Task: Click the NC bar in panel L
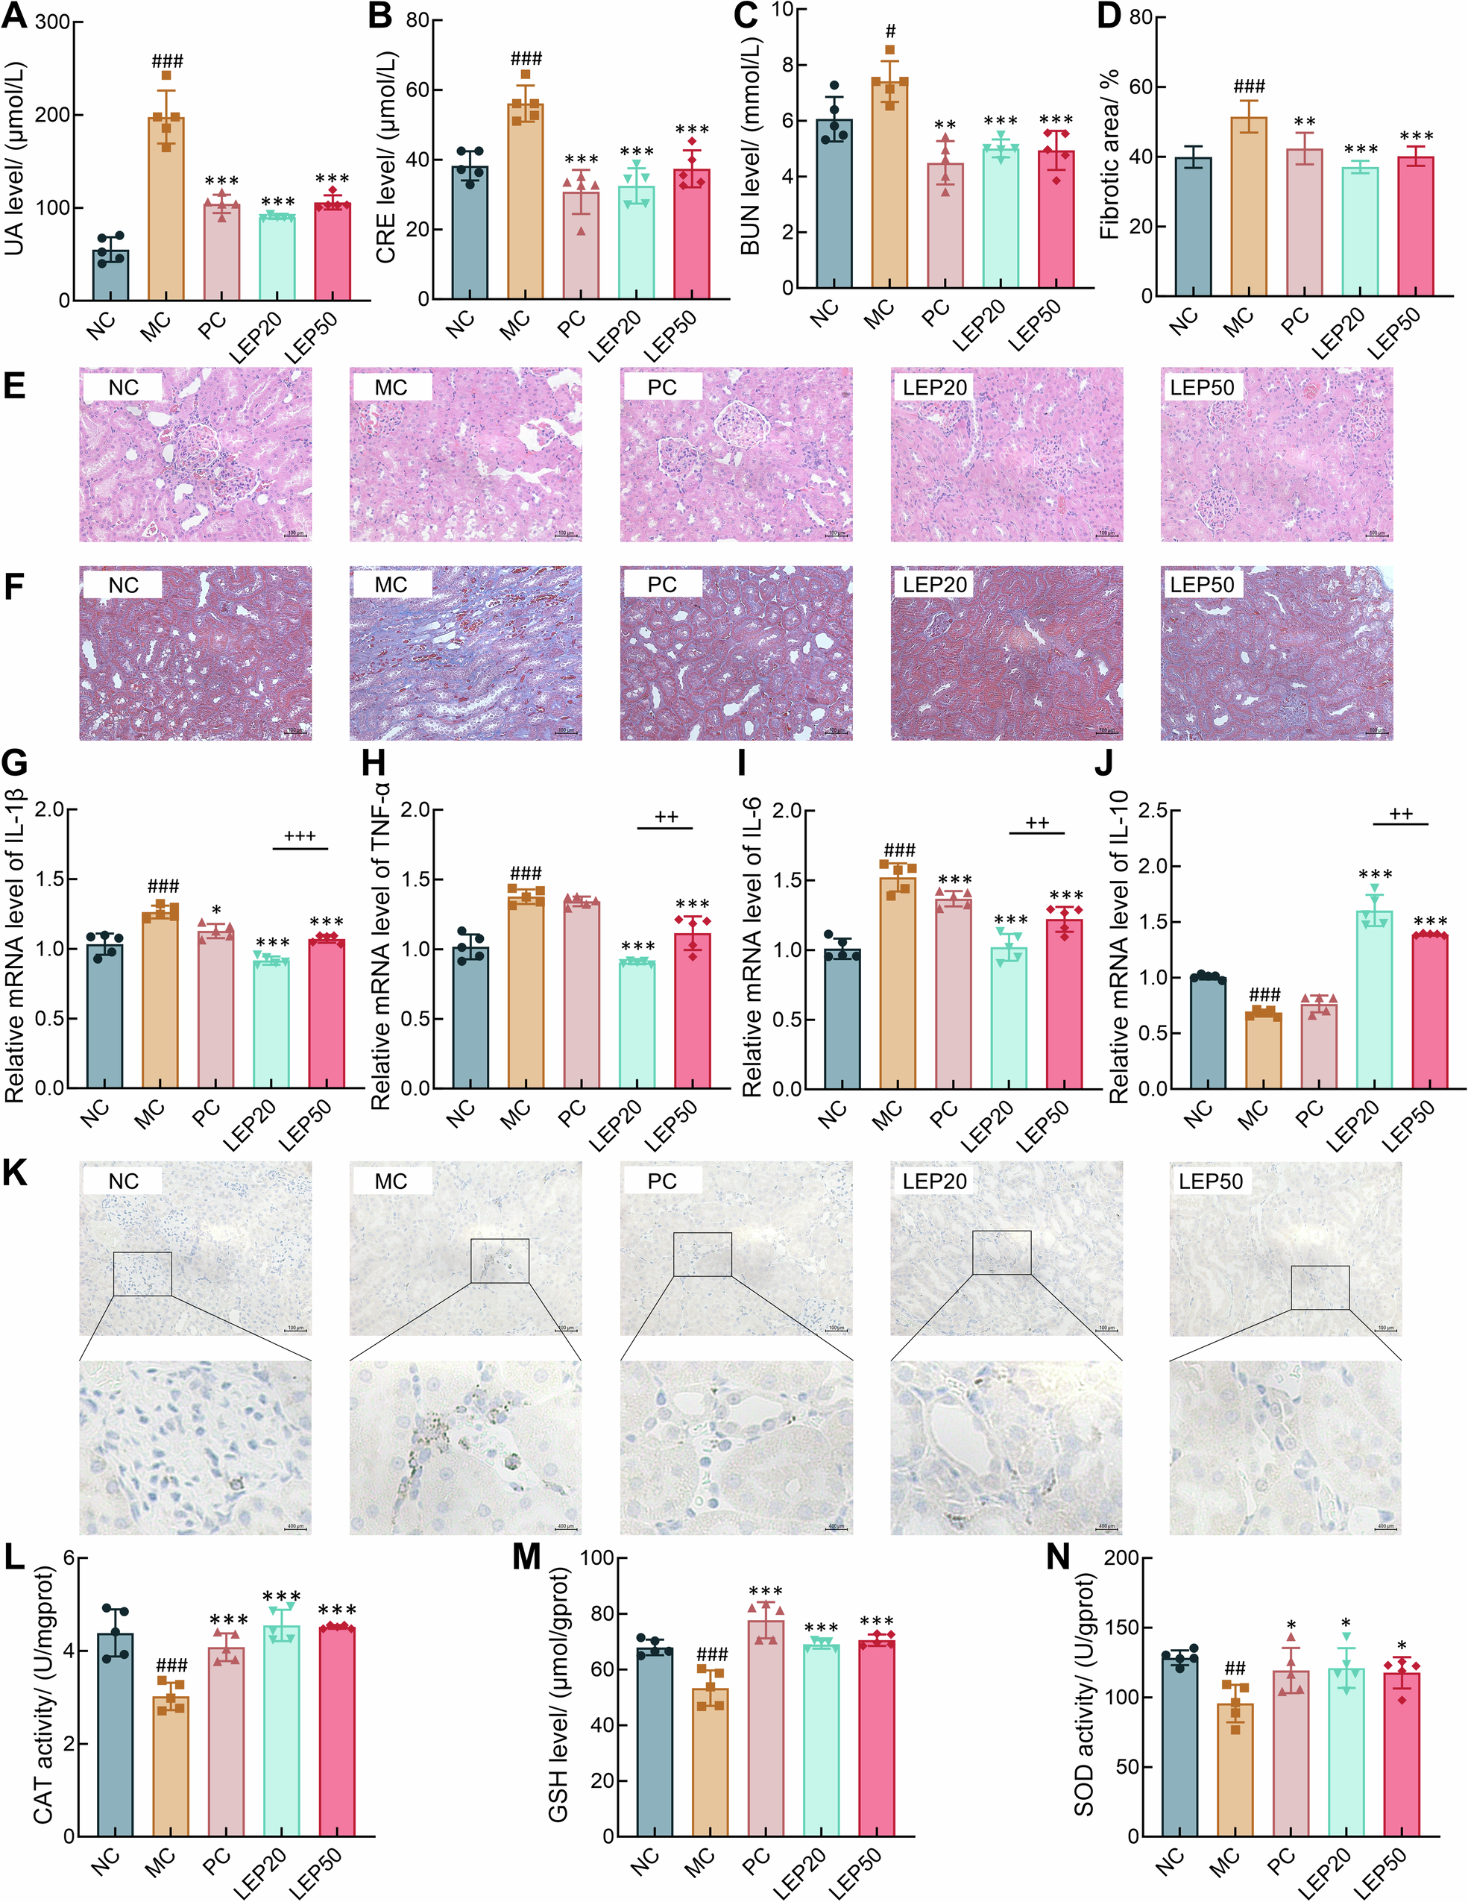[115, 1742]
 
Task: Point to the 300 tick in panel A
[52, 22]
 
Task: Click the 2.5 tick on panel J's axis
[1150, 811]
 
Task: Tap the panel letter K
[15, 1173]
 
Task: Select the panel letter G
[15, 763]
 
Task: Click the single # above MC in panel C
[890, 32]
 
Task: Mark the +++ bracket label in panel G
[300, 836]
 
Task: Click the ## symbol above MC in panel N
[1235, 1669]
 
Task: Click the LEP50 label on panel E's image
[1202, 388]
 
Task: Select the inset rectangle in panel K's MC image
[500, 1260]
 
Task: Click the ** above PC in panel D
[1304, 122]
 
